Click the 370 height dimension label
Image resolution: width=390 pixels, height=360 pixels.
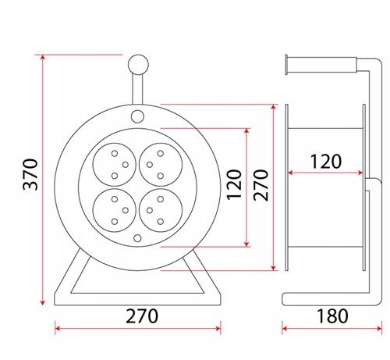30,174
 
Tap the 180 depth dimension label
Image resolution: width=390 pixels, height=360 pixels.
332,316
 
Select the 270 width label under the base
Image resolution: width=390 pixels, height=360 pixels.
142,316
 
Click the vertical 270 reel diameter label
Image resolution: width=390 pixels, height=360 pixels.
261,185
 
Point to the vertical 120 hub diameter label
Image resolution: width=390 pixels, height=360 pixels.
234,184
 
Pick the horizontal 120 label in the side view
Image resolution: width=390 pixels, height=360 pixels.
326,162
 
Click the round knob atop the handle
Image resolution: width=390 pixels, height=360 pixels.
138,65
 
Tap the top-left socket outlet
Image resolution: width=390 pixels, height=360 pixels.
115,165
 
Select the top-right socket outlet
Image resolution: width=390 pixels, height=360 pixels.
161,165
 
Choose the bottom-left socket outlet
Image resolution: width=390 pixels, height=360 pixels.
115,210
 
